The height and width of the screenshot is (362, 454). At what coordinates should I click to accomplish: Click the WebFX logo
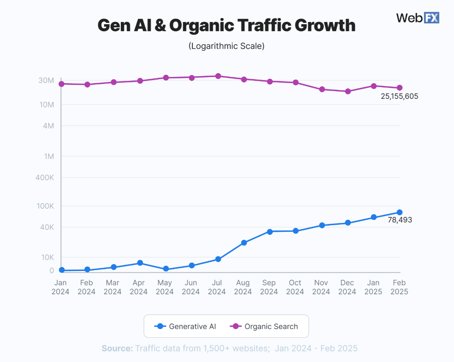[418, 18]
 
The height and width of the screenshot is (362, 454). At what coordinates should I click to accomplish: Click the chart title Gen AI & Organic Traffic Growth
[226, 25]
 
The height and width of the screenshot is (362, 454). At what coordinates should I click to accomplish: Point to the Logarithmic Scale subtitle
[226, 46]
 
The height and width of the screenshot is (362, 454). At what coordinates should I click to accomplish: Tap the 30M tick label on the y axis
[46, 80]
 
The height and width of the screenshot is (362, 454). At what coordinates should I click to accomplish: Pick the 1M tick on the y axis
[48, 156]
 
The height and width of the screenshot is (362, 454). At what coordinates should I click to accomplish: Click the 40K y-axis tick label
[46, 227]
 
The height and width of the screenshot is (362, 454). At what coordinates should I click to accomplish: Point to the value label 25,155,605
[399, 96]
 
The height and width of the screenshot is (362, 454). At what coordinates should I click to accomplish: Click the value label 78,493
[400, 220]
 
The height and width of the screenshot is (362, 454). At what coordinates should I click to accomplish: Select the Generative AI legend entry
[186, 326]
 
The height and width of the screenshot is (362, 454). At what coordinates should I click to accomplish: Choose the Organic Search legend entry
[264, 326]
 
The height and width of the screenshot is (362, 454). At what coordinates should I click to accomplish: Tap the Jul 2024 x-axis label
[217, 287]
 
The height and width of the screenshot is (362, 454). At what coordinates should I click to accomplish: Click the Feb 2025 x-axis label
[400, 287]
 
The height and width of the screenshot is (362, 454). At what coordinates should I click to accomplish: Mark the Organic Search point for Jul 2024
[218, 76]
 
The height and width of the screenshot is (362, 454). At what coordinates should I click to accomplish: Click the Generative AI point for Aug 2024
[244, 243]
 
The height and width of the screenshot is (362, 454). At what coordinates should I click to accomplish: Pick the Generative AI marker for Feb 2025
[400, 212]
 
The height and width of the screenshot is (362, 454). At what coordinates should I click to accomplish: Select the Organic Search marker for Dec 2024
[348, 91]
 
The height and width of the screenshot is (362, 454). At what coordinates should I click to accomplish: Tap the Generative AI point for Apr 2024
[140, 263]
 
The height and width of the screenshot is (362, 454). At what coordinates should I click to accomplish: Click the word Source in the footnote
[117, 348]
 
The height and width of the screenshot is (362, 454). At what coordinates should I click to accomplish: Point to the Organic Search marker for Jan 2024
[61, 84]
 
